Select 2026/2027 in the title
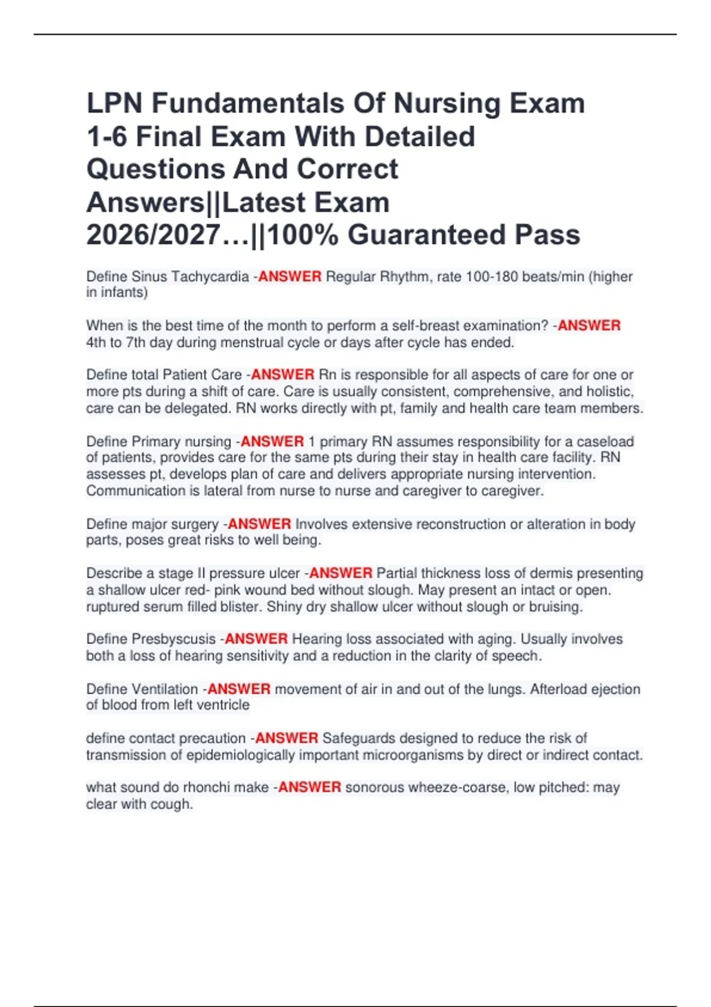pos(153,235)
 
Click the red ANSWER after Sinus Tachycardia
pos(290,277)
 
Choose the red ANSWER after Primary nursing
pos(272,441)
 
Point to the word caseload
pos(605,441)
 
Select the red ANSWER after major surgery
pos(259,524)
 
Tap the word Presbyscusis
pos(174,639)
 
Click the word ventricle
pos(222,705)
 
